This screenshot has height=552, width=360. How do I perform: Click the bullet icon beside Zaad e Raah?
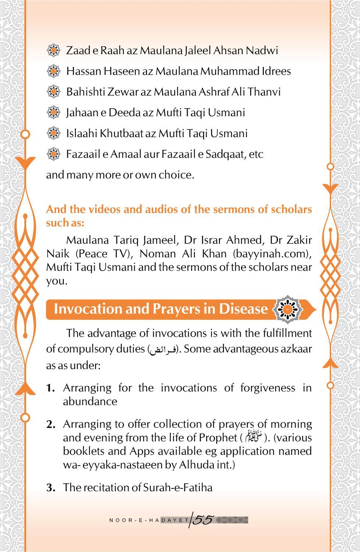(x=54, y=50)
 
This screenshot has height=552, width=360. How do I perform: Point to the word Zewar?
(x=123, y=92)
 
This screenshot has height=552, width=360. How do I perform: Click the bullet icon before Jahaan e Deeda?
(x=54, y=112)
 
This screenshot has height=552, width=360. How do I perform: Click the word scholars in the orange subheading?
(x=291, y=209)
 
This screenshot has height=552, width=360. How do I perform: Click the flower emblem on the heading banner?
(x=287, y=309)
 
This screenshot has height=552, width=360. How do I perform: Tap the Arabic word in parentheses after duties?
(x=162, y=350)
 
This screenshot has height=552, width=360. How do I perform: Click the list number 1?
(x=50, y=388)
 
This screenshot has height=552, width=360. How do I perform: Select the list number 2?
(x=50, y=425)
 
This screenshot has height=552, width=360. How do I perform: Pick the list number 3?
(x=50, y=488)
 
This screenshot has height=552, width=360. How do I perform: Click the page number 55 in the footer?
(x=203, y=520)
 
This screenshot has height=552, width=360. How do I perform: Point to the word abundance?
(x=90, y=401)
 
